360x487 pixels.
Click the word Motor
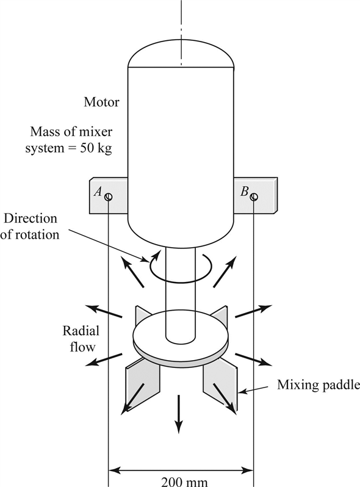point(101,102)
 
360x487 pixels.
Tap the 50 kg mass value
point(98,148)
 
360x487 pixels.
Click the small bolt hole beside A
point(108,197)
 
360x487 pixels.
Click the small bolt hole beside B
point(253,197)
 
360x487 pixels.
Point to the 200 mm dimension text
point(184,481)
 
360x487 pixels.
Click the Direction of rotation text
point(38,226)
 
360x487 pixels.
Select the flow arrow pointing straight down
point(179,415)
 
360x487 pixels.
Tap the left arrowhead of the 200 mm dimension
point(114,471)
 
